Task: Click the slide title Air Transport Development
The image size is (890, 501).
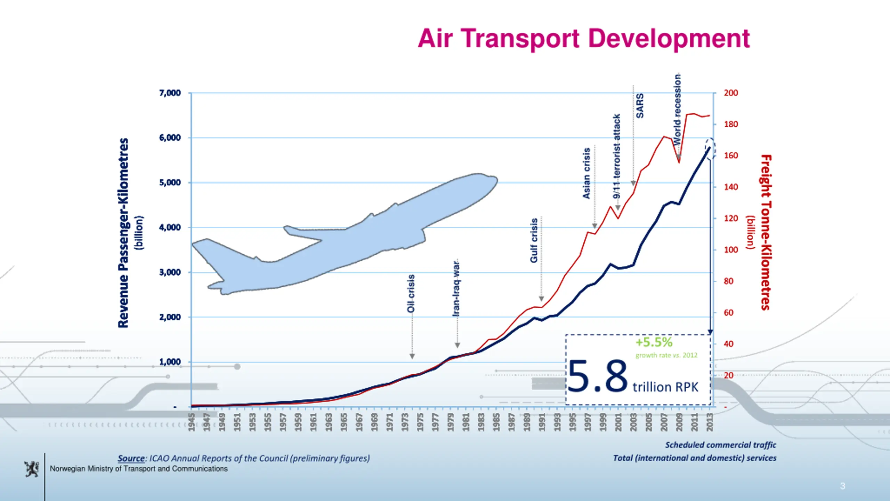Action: [x=584, y=38]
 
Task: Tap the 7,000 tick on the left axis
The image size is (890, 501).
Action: [x=170, y=93]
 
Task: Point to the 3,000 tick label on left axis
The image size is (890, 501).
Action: [x=170, y=272]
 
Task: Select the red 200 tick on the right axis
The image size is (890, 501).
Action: [x=731, y=93]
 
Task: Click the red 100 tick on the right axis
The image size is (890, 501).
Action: [x=731, y=250]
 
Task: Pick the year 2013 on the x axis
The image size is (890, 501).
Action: [x=710, y=422]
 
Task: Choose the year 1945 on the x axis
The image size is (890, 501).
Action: [x=191, y=422]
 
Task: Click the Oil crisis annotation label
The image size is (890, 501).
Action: [x=411, y=293]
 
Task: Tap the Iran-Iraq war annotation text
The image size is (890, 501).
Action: [x=456, y=288]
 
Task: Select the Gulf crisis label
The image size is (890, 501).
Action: [x=534, y=240]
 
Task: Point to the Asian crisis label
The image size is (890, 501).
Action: [x=586, y=173]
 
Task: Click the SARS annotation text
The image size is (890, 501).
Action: [x=640, y=106]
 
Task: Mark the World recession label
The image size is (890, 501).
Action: [x=677, y=110]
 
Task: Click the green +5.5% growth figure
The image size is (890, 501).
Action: [x=654, y=342]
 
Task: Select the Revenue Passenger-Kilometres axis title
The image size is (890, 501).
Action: [x=123, y=233]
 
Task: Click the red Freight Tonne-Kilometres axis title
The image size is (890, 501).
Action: [x=766, y=232]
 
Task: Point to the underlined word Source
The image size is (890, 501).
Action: [x=131, y=458]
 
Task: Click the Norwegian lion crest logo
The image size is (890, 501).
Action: [x=32, y=469]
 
